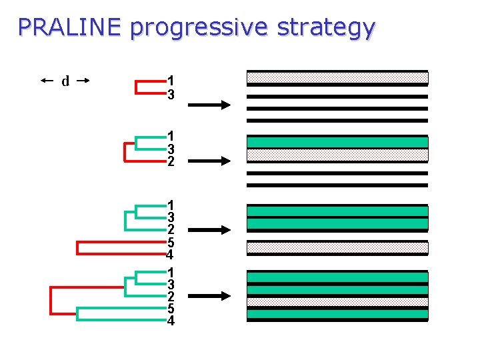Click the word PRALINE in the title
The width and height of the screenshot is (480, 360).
pyautogui.click(x=69, y=27)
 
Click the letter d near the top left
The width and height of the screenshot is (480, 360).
pyautogui.click(x=65, y=81)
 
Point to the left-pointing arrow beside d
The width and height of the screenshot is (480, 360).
pyautogui.click(x=47, y=81)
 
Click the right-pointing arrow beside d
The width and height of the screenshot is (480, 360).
pyautogui.click(x=83, y=81)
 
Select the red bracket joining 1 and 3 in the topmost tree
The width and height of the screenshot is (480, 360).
pyautogui.click(x=137, y=87)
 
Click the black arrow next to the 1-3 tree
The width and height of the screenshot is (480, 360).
pyautogui.click(x=209, y=105)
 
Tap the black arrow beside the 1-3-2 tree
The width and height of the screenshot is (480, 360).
pyautogui.click(x=209, y=161)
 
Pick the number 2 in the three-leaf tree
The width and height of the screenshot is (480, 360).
pyautogui.click(x=171, y=162)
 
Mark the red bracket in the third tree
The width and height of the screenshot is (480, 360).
pyautogui.click(x=79, y=247)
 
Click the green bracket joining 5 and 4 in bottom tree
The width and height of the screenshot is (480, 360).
pyautogui.click(x=79, y=314)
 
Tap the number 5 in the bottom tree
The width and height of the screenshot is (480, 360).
pyautogui.click(x=171, y=309)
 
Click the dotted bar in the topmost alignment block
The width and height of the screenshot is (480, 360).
pyautogui.click(x=337, y=77)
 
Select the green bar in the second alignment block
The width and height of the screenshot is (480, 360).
pyautogui.click(x=337, y=142)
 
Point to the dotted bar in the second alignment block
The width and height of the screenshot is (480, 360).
pyautogui.click(x=337, y=155)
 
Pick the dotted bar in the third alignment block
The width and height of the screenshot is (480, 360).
pyautogui.click(x=337, y=247)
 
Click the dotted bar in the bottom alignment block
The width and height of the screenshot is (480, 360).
pyautogui.click(x=337, y=301)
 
